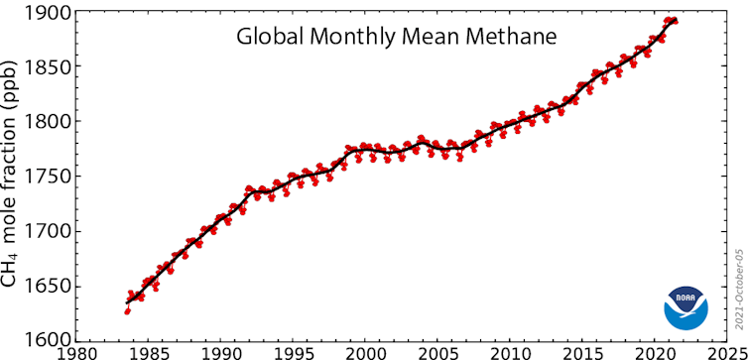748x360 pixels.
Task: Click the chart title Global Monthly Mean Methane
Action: (397, 37)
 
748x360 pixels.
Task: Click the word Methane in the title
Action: (509, 37)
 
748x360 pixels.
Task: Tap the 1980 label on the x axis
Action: (77, 351)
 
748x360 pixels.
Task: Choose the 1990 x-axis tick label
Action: (222, 351)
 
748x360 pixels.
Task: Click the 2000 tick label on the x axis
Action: (366, 351)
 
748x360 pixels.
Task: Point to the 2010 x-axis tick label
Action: (510, 351)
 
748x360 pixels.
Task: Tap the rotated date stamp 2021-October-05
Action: (738, 290)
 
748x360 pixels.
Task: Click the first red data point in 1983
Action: (127, 311)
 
